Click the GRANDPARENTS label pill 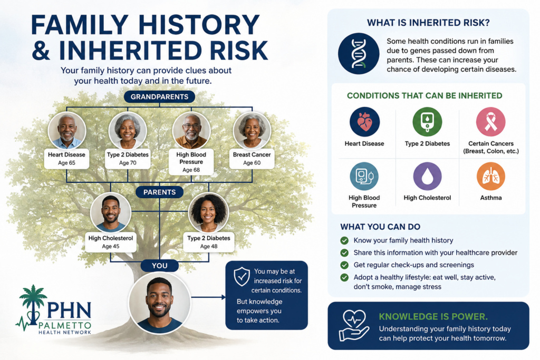(x=159, y=96)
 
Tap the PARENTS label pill (x=159, y=192)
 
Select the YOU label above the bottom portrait (x=159, y=266)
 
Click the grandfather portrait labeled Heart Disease (x=67, y=131)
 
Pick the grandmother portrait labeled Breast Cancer (x=252, y=131)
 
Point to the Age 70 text (x=128, y=163)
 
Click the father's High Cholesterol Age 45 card (x=111, y=241)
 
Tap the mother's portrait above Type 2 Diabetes (x=209, y=213)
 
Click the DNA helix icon (x=359, y=54)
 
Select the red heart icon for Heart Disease (x=365, y=122)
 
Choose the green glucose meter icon (x=427, y=122)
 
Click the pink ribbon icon (x=491, y=122)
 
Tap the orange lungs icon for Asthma (x=491, y=176)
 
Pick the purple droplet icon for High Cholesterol (x=427, y=176)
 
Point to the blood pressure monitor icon (x=364, y=176)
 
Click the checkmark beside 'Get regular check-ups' (x=344, y=265)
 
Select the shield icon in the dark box (x=242, y=277)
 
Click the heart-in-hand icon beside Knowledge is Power (x=354, y=326)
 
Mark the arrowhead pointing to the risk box (x=224, y=297)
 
